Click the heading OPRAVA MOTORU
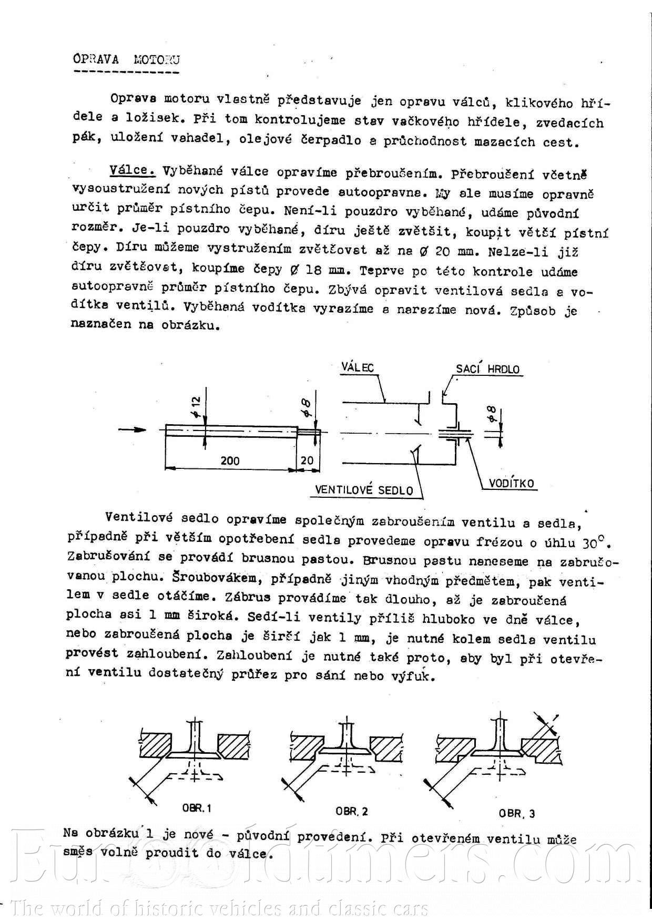tap(126, 59)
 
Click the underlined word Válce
tap(132, 170)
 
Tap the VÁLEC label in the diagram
tap(358, 367)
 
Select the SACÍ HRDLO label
tap(487, 369)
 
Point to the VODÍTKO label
tap(511, 484)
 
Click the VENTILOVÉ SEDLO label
tap(364, 490)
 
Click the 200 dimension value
tap(230, 460)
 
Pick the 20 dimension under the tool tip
tap(307, 460)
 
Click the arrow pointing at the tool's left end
tap(132, 429)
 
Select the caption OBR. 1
tap(196, 808)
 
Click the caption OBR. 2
tap(352, 811)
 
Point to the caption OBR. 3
tap(517, 814)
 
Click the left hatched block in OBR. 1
tap(160, 745)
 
